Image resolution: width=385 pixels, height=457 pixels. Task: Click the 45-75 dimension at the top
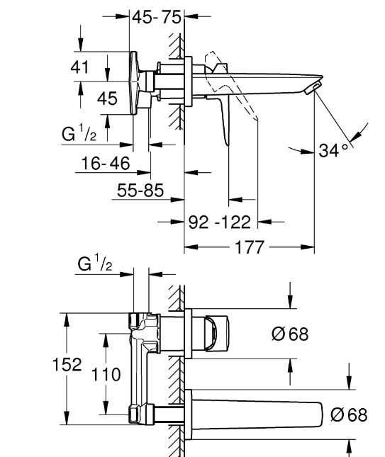[157, 17]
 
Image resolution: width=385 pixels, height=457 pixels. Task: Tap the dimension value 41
[79, 67]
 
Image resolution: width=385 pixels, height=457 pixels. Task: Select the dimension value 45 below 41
[107, 98]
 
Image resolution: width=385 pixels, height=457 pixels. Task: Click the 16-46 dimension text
[106, 163]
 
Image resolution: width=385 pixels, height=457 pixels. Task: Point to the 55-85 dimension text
[140, 191]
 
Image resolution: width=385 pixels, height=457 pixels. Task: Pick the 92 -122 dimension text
[220, 222]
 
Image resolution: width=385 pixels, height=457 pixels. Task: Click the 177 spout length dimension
[249, 247]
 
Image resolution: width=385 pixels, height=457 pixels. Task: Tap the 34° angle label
[333, 150]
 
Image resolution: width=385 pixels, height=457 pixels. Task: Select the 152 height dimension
[67, 365]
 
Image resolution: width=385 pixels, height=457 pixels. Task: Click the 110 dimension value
[106, 374]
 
